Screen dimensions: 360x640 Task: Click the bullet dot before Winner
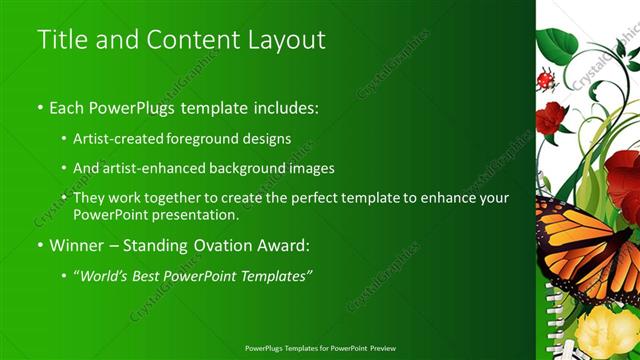40,244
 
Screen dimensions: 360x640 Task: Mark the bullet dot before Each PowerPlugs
40,107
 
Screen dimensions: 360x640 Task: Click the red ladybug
546,79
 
